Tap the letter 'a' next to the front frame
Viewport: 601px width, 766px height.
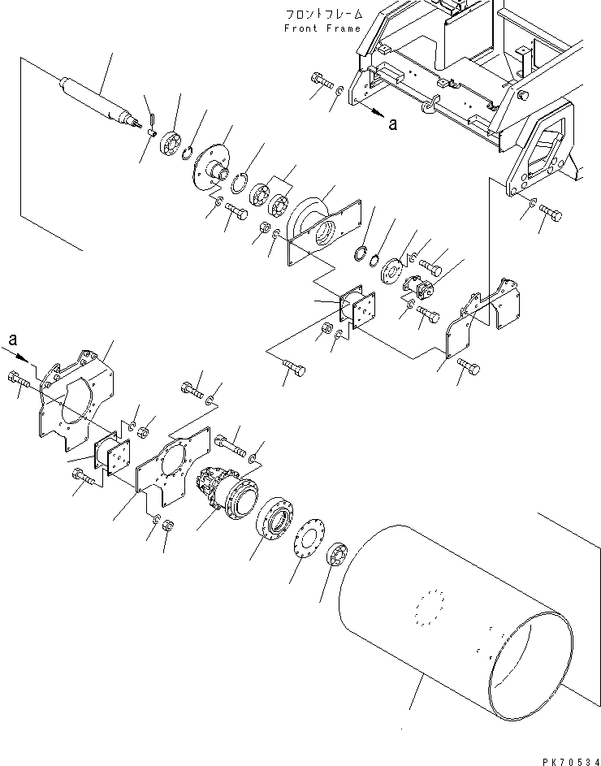[x=393, y=123]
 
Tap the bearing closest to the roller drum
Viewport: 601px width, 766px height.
[x=338, y=559]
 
